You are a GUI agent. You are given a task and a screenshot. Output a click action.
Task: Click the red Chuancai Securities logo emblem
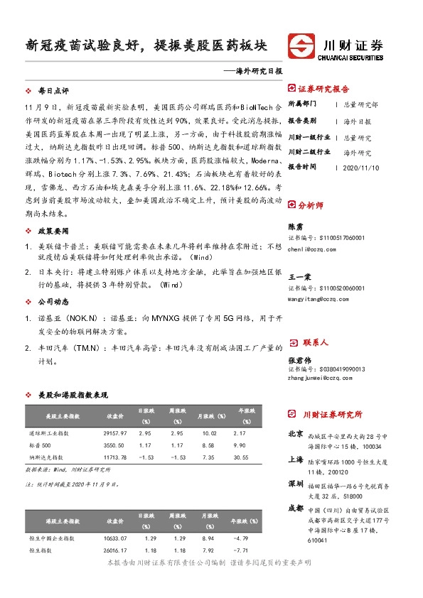tap(301, 47)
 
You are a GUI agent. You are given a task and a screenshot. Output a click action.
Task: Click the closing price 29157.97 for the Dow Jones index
tap(115, 433)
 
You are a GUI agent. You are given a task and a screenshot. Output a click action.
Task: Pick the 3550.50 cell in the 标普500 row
tap(115, 445)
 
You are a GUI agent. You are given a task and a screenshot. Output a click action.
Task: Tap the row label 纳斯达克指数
tap(47, 457)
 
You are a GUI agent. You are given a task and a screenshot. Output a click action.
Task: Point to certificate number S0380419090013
tap(326, 369)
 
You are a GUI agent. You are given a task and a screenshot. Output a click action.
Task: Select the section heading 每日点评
tap(53, 92)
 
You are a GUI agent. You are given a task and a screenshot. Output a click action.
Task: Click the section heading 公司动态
tap(53, 301)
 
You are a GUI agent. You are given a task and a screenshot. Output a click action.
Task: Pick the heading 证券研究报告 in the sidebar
tap(323, 89)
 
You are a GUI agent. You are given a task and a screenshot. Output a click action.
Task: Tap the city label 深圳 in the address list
tap(296, 484)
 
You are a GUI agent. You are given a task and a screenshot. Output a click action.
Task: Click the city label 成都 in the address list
tap(296, 508)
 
